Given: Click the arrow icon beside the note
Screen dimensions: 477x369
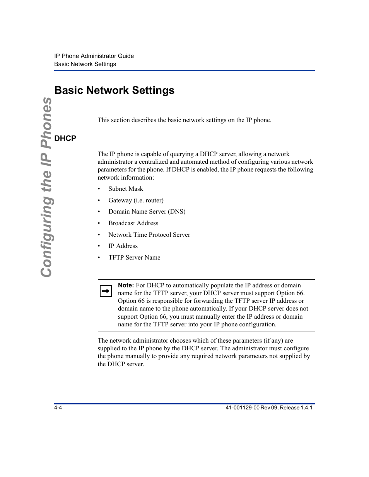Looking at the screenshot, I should pos(106,291).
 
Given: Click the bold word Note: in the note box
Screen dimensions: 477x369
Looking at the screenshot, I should pos(126,285).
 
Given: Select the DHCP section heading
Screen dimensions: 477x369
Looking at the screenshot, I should pos(65,138).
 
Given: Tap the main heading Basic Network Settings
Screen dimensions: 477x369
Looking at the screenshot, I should pos(114,90).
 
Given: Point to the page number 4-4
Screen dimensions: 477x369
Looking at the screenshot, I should pos(58,408).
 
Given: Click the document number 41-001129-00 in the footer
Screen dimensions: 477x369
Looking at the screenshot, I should pos(240,408).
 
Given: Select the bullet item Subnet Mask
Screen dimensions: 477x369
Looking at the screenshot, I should pos(126,189).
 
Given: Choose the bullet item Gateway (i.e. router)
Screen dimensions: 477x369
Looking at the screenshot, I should pos(136,200).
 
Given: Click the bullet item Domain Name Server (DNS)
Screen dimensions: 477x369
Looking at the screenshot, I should pos(147,212).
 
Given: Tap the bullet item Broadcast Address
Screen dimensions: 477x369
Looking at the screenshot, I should pos(133,223).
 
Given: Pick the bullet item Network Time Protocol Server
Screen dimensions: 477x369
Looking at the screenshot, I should pos(149,235).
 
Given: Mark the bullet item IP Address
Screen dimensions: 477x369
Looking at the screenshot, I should pos(123,246).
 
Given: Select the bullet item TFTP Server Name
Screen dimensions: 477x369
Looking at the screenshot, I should pos(134,258).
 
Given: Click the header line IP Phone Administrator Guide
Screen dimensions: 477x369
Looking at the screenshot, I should pos(94,56).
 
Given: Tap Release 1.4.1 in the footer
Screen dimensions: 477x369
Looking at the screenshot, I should pos(296,408).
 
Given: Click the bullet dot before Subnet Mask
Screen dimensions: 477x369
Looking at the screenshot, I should pos(99,189).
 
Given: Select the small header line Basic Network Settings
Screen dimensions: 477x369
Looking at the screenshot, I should pos(85,64).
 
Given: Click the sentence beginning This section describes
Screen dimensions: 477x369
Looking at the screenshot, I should pos(184,120).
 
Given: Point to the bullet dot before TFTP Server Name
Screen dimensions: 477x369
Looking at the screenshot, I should pos(99,258).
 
